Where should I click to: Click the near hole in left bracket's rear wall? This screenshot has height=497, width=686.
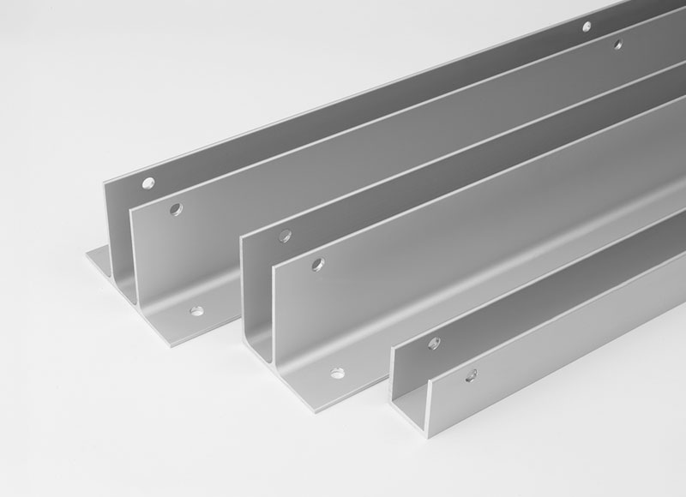(x=148, y=183)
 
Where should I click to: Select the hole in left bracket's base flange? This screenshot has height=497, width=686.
(x=196, y=310)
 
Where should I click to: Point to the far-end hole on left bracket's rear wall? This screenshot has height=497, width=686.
(x=587, y=27)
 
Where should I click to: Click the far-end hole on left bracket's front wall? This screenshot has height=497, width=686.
(x=617, y=43)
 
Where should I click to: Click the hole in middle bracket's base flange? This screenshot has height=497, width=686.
(x=337, y=374)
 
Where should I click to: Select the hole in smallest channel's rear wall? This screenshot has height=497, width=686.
(x=433, y=344)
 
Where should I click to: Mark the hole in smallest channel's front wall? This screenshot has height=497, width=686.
(x=471, y=374)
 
